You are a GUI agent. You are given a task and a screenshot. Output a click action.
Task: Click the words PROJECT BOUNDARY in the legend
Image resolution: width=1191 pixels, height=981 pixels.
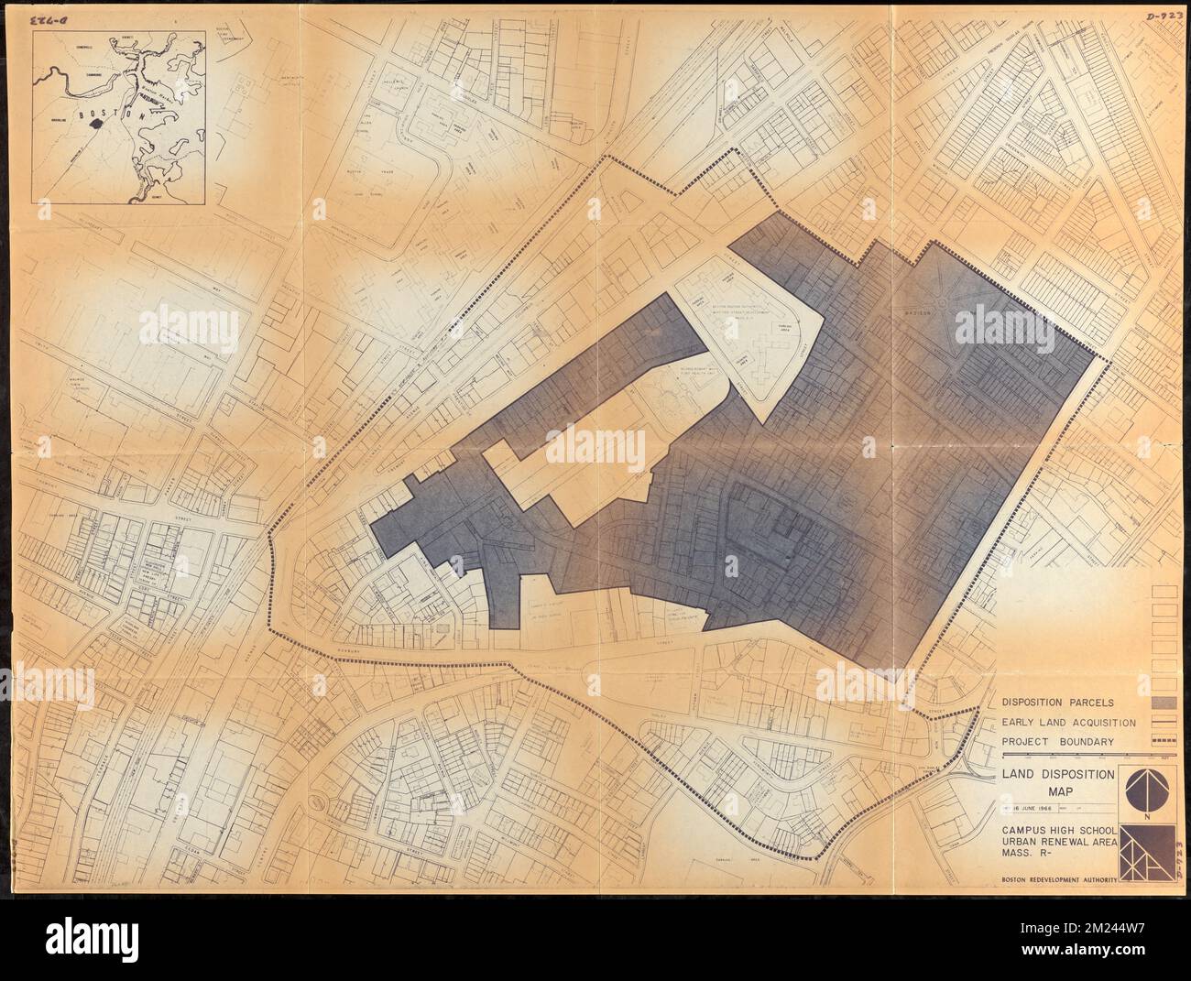coord(1059,742)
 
